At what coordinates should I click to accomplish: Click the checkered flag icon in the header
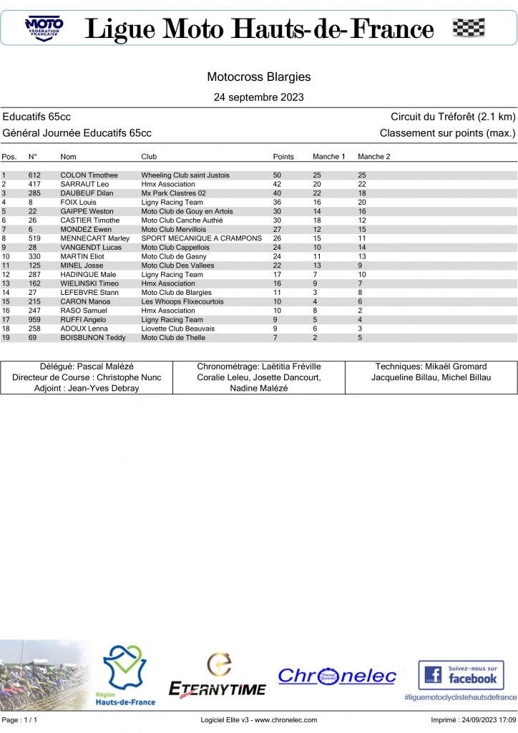coord(469,28)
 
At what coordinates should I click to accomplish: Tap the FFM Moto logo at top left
coord(44,28)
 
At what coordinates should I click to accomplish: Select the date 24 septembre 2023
coord(259,97)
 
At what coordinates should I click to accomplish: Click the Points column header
coord(283,156)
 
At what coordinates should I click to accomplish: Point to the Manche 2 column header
coord(373,156)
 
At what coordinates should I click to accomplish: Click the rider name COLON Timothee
coord(89,175)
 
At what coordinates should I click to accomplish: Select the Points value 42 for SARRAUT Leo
coord(278,184)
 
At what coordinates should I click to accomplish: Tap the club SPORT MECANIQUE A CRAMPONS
coord(202,238)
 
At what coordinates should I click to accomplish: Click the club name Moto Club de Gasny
coord(174,256)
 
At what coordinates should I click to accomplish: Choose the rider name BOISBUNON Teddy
coord(92,337)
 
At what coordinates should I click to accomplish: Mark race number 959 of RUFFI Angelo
coord(34,319)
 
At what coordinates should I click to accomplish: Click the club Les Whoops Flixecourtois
coord(182,301)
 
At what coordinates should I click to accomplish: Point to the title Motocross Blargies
coord(259,77)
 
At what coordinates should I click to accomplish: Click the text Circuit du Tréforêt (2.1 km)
coord(453,117)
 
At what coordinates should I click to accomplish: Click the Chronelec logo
coord(336,676)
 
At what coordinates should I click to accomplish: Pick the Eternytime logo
coord(217,676)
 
